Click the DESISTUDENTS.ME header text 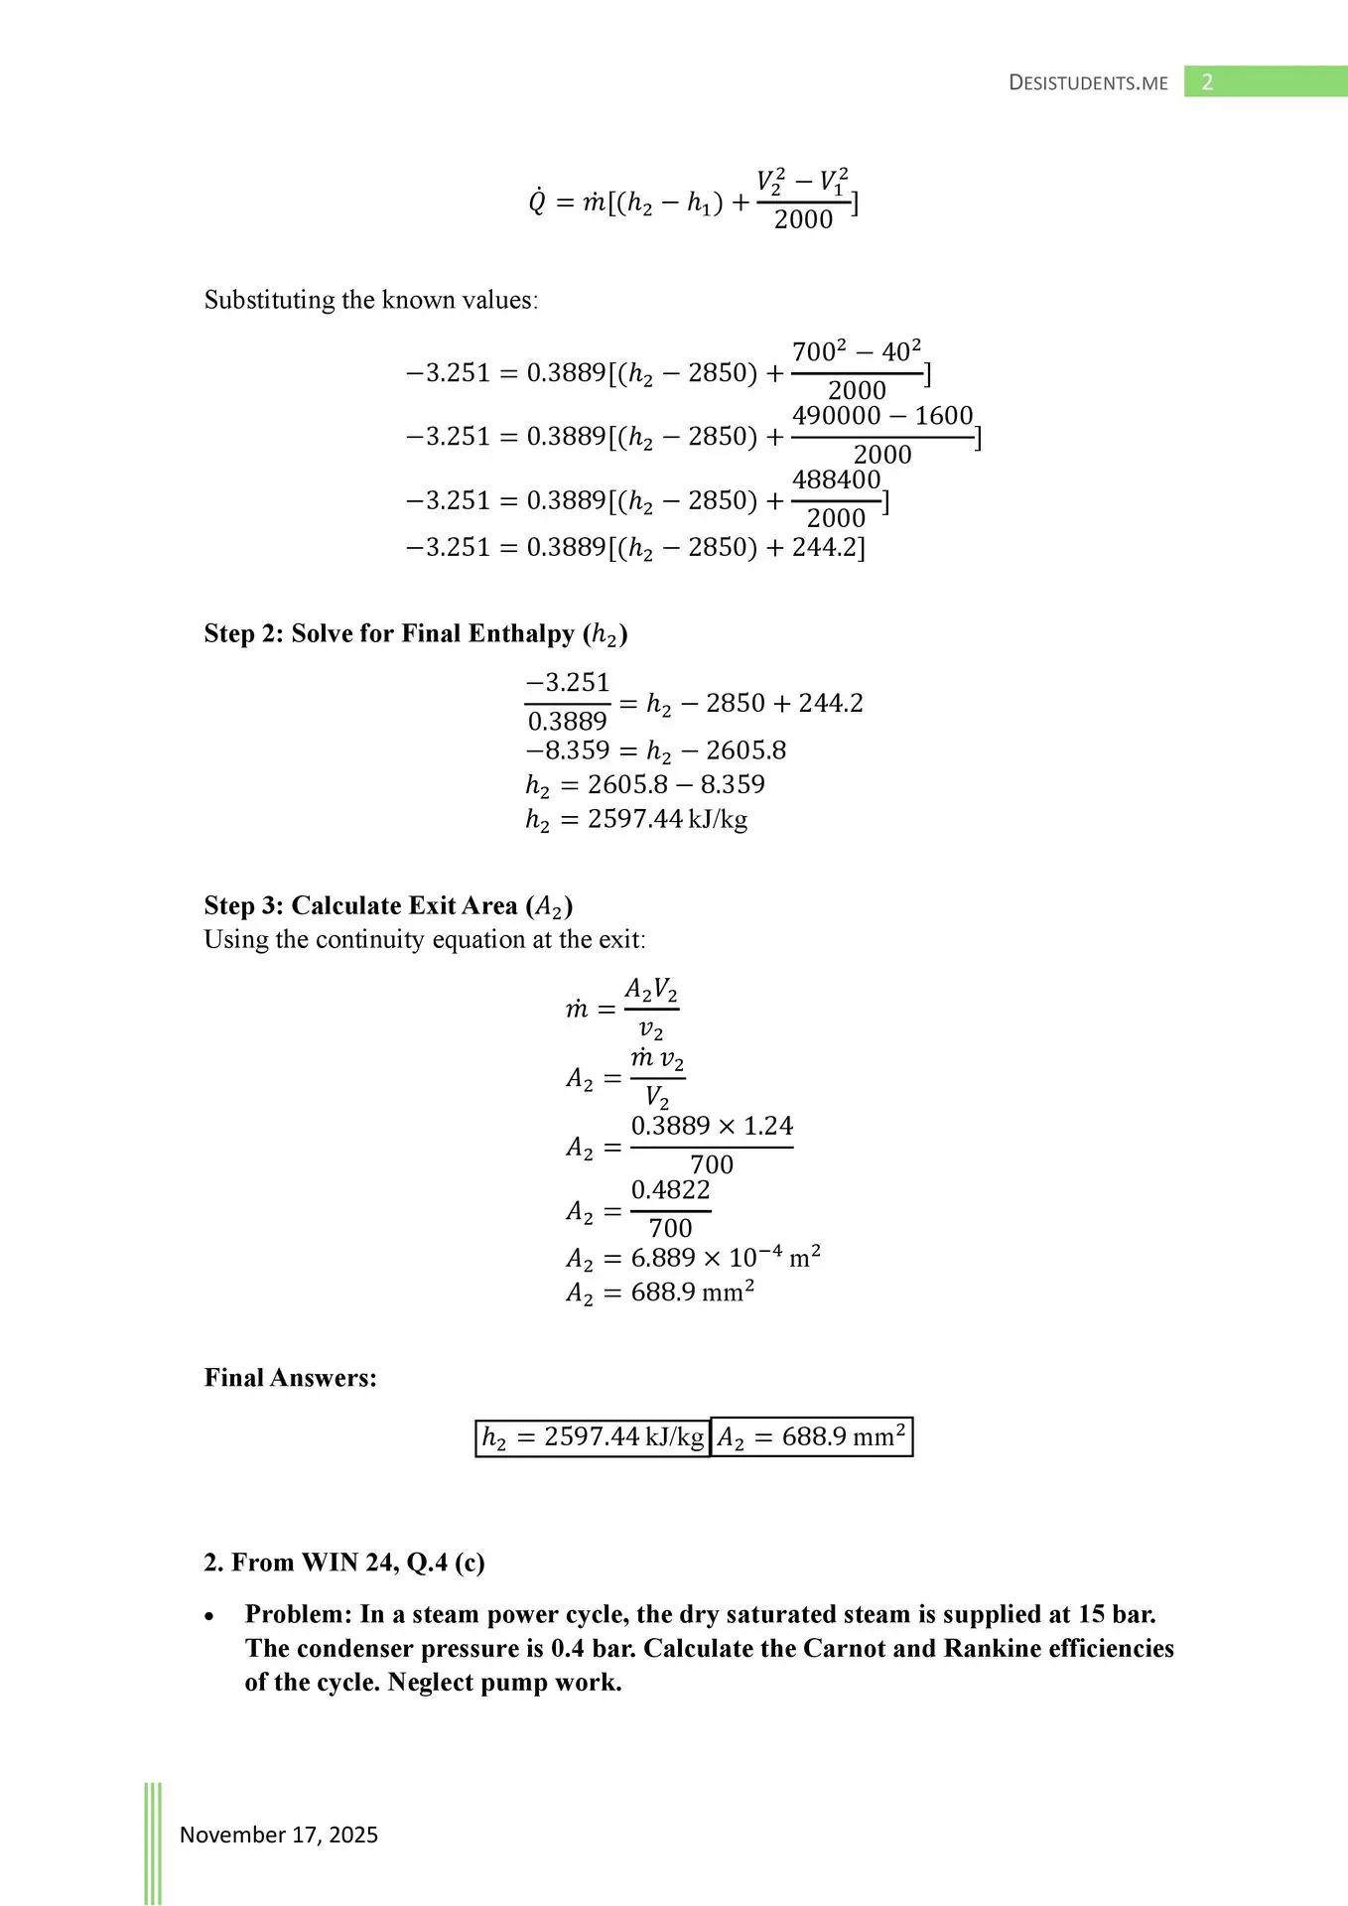point(1088,82)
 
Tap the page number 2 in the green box point(1207,82)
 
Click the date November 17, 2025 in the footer point(278,1835)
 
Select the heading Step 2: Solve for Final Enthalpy point(415,633)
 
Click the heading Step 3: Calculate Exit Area point(388,905)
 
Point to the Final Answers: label point(290,1377)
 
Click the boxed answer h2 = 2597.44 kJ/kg point(593,1436)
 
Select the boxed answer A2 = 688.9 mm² point(811,1436)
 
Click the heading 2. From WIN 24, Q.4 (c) point(343,1562)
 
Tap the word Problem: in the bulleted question point(299,1614)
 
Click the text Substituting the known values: point(371,300)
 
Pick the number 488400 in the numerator point(836,479)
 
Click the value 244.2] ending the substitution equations point(829,547)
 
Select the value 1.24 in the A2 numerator point(768,1126)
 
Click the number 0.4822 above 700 point(670,1189)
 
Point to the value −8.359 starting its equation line point(568,750)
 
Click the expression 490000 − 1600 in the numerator point(882,415)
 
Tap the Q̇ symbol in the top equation point(537,203)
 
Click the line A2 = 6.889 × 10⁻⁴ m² point(693,1258)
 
